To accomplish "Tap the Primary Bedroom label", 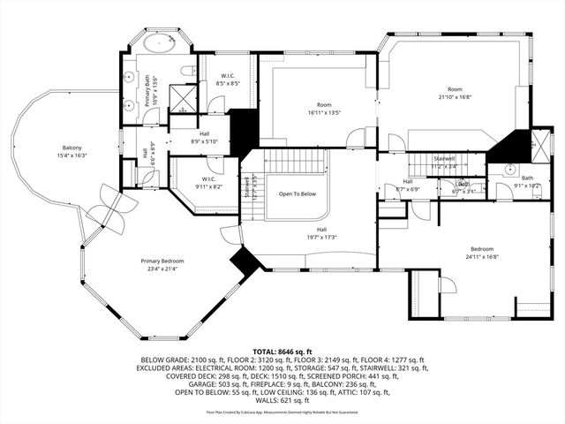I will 166,261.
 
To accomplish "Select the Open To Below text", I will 298,193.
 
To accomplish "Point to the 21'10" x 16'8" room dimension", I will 454,98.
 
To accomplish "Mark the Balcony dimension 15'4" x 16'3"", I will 72,155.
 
